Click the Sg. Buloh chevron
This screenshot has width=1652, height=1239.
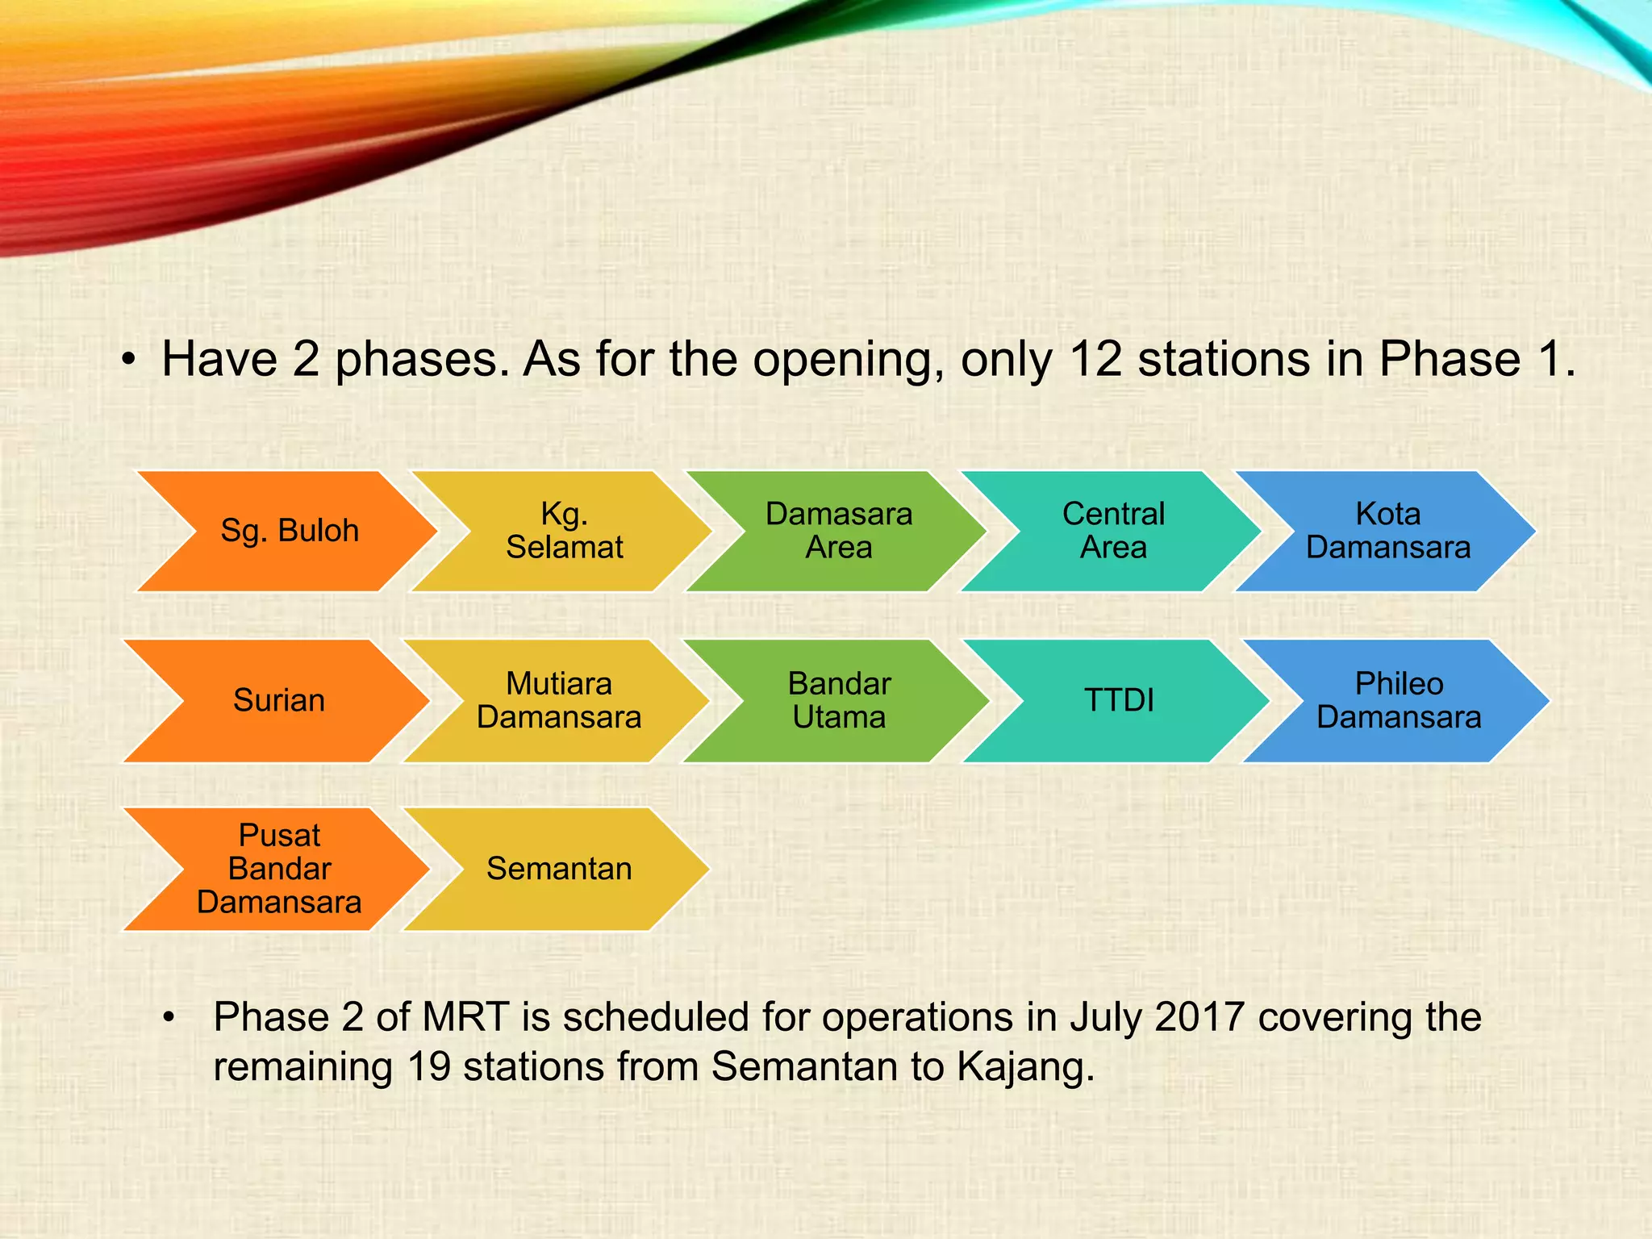(289, 531)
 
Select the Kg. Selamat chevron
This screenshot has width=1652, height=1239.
(564, 531)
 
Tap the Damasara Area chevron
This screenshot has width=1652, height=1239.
(839, 531)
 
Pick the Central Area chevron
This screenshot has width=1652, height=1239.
(1113, 531)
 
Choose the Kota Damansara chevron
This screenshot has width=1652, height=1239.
(1387, 531)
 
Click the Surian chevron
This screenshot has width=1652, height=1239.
(278, 700)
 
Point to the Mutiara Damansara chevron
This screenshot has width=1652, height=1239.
(558, 700)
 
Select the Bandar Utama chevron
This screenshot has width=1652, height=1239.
(839, 700)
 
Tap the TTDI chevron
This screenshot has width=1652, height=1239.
(1119, 700)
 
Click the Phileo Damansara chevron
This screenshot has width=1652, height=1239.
(1399, 700)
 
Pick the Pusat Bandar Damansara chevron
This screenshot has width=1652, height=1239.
(278, 869)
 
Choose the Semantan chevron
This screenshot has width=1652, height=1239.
(558, 869)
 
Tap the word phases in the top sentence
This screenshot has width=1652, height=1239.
(422, 361)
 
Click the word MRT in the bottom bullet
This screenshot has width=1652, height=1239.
(465, 1017)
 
